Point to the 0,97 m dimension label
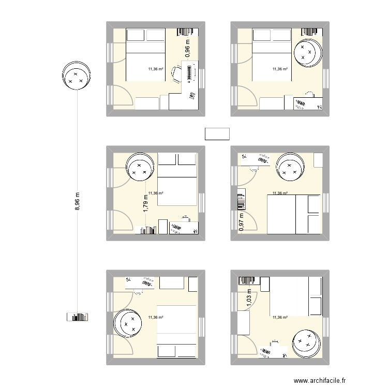click(241, 221)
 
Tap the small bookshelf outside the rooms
click(78, 317)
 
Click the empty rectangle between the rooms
click(217, 134)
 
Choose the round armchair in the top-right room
click(309, 52)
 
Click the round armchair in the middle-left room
click(141, 167)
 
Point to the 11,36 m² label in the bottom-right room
click(280, 318)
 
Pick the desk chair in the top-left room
click(176, 74)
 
